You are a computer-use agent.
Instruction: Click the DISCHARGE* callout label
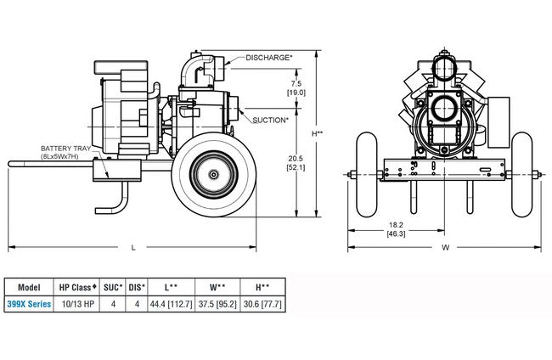point(269,58)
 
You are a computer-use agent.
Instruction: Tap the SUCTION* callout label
point(271,121)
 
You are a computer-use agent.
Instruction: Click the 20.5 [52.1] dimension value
point(296,163)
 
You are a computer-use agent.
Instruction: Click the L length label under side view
point(134,247)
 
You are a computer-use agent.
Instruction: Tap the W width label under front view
point(446,248)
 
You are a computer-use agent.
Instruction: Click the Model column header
point(29,286)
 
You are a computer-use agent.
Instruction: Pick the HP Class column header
point(78,286)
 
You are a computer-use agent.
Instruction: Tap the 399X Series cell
point(29,303)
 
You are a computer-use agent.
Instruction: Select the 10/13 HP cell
point(78,303)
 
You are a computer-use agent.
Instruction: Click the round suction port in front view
point(445,110)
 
